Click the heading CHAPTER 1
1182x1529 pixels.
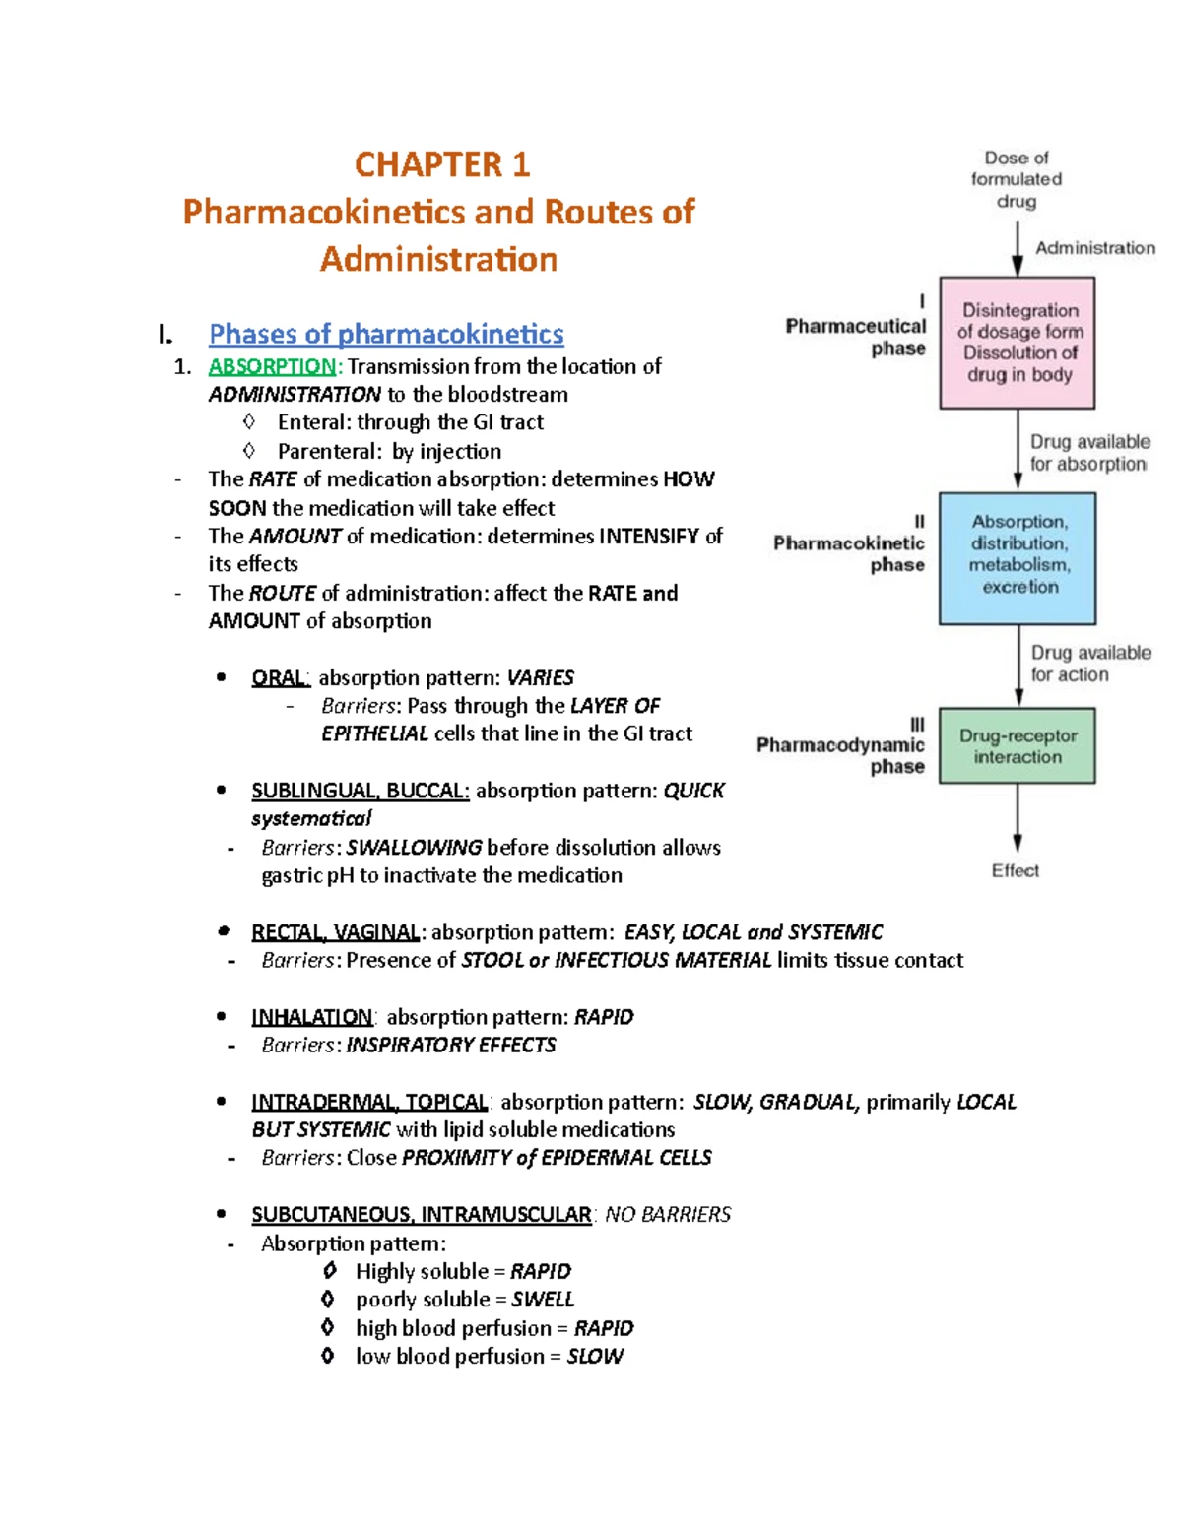click(x=442, y=164)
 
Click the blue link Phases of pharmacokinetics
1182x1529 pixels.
click(x=386, y=334)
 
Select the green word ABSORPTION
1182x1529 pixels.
click(x=272, y=366)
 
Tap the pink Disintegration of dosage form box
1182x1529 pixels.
click(x=1018, y=343)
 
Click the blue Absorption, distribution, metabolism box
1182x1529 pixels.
click(x=1018, y=557)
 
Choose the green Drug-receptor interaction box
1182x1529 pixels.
click(x=1018, y=745)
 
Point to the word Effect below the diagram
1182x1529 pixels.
click(x=1015, y=870)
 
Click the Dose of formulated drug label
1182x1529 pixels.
click(x=1016, y=179)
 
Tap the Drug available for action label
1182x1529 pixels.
click(x=1089, y=664)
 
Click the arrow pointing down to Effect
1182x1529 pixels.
click(x=1018, y=817)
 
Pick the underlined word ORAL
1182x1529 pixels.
click(x=280, y=678)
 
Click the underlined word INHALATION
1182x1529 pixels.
click(x=312, y=1017)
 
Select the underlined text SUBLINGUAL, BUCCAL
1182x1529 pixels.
click(x=360, y=791)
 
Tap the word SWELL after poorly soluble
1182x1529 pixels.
click(x=543, y=1300)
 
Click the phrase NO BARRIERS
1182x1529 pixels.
click(x=668, y=1215)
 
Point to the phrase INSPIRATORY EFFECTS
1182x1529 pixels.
click(x=451, y=1045)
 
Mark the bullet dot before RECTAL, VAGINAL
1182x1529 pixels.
click(x=224, y=931)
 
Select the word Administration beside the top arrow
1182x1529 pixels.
click(x=1094, y=248)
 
